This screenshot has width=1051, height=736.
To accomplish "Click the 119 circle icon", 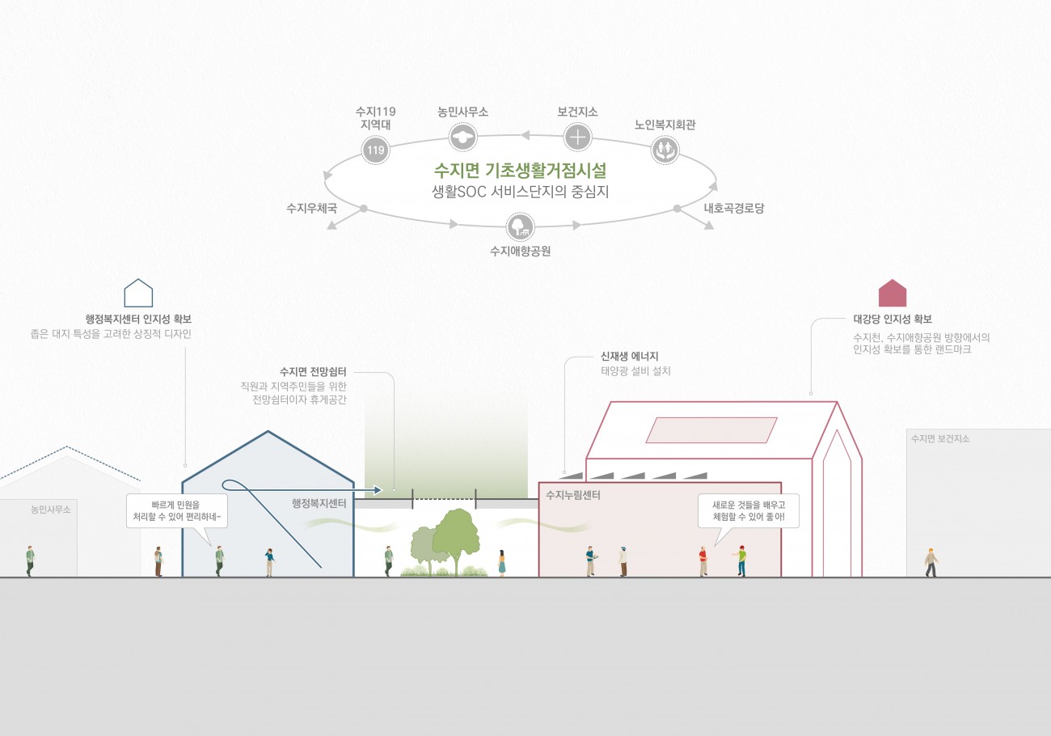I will pos(375,150).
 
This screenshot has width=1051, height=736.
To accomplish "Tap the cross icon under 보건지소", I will pos(577,137).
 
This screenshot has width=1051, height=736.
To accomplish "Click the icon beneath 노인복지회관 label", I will pos(665,149).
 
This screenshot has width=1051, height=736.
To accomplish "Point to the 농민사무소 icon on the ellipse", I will pos(462,136).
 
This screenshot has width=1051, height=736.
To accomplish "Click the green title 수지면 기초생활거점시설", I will pos(520,171).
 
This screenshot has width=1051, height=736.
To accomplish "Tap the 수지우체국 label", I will pos(311,208).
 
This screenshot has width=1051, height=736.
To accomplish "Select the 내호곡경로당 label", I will pos(733,208).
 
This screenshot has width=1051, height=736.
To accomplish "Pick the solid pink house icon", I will pos(893,293).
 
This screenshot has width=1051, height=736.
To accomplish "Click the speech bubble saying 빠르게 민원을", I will pos(176,511).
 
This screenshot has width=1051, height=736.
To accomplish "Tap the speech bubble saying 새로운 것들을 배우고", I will pos(749,511).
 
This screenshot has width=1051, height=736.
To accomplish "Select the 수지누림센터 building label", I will pos(573,494).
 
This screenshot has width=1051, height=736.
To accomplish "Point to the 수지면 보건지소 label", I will pos(939,439).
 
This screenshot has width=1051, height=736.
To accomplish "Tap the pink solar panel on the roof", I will pos(711,429).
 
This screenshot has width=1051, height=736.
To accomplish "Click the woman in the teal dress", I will pos(502,562).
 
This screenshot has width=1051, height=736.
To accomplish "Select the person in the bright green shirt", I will pos(741,560).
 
